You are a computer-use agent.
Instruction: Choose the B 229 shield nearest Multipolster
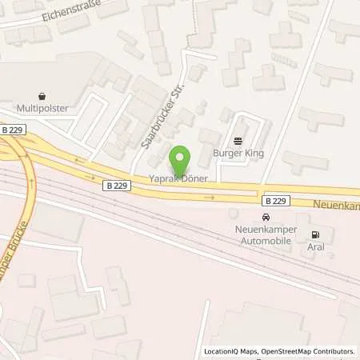tap(11, 130)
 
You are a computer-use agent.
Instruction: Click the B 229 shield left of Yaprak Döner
tap(115, 184)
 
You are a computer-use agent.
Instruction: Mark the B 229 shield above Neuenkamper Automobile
tap(275, 200)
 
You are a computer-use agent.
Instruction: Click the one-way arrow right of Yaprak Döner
tap(210, 197)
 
